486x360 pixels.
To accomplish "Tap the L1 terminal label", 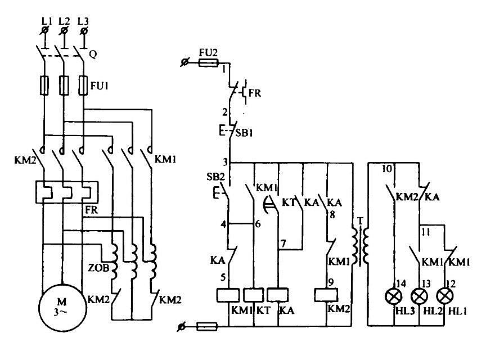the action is [x=47, y=21].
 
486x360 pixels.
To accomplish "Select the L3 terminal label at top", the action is [x=83, y=21].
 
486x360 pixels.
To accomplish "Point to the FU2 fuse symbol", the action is [x=208, y=63].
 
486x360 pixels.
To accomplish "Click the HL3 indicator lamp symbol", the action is [x=394, y=296].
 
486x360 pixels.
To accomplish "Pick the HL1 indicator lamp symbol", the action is [x=445, y=296].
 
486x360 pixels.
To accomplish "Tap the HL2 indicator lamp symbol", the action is [x=419, y=296].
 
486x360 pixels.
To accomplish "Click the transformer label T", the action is [x=360, y=220].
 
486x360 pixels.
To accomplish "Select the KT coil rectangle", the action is [x=254, y=295].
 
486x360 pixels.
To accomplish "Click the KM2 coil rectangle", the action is [x=326, y=295].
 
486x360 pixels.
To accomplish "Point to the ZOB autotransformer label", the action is [x=98, y=267].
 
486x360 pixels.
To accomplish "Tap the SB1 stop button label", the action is [x=244, y=133].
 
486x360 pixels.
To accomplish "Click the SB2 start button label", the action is [x=215, y=177].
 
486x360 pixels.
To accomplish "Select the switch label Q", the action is [x=93, y=55].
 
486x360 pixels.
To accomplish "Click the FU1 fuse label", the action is [x=99, y=85].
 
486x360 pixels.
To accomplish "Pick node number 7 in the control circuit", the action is [x=283, y=244].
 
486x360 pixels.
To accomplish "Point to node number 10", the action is [x=387, y=169].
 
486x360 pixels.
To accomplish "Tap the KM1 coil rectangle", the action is [x=228, y=295].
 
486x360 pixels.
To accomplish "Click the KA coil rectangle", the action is [x=278, y=295].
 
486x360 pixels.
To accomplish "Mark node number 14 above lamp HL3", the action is [x=401, y=283].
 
